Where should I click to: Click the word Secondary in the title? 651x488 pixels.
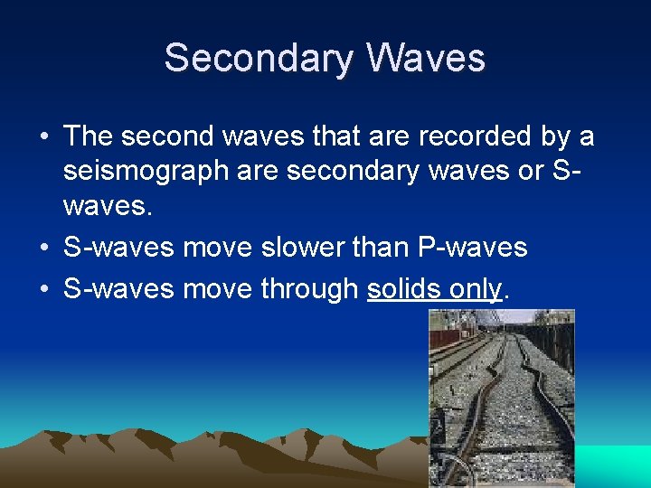(259, 59)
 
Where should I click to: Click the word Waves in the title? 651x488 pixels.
(426, 59)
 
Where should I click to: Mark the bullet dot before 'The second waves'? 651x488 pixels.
(44, 137)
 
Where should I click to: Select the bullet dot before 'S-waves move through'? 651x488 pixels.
(44, 289)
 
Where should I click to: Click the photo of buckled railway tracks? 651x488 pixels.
(501, 398)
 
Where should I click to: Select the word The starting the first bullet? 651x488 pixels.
(88, 136)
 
